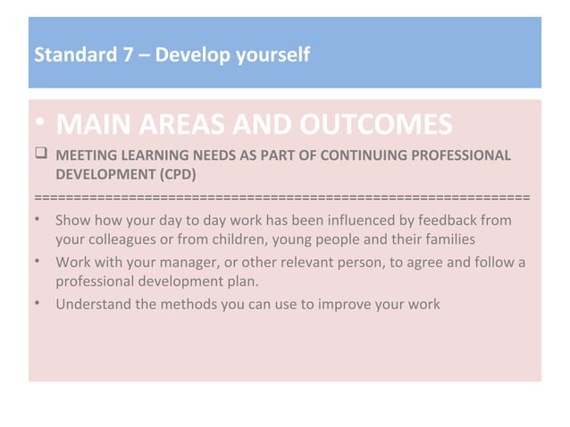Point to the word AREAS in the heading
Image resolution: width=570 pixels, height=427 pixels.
click(196, 125)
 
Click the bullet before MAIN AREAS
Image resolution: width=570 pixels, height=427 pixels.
click(40, 125)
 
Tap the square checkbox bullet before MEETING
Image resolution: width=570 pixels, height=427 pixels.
click(41, 157)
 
